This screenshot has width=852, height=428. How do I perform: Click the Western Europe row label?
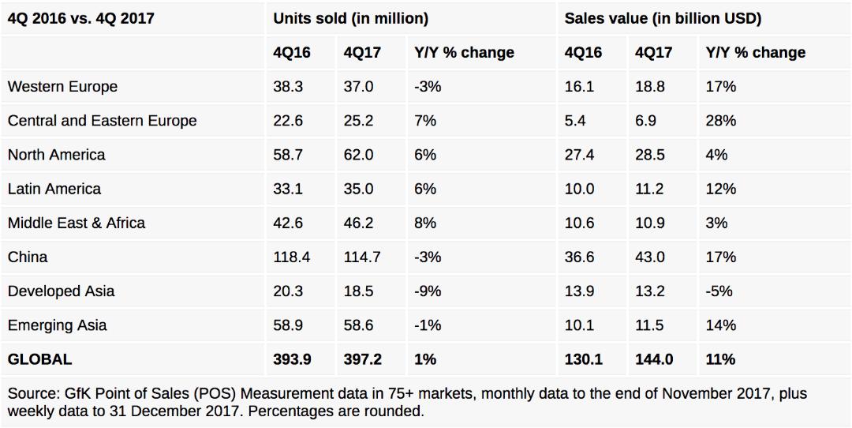[62, 87]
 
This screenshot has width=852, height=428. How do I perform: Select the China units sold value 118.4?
[292, 257]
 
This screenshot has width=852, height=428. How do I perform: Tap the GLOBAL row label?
[39, 359]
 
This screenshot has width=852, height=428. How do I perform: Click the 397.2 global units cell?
[362, 359]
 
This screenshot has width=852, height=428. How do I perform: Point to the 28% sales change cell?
[720, 121]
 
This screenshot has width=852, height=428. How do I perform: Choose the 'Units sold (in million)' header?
[351, 18]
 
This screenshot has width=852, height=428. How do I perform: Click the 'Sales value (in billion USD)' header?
[663, 18]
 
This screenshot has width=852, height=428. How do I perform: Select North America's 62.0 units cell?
[359, 155]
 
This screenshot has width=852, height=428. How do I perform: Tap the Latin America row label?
[54, 189]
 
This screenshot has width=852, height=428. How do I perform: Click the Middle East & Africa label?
[77, 223]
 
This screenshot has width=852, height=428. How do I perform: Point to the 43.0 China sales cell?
[650, 257]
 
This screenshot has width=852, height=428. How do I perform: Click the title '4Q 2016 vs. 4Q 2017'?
[81, 18]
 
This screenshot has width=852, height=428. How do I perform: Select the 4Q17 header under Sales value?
[653, 53]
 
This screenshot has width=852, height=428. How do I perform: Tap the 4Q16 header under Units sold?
[292, 53]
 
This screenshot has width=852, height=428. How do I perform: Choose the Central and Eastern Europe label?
[102, 121]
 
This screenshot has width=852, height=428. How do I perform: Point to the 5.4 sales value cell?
[576, 121]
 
